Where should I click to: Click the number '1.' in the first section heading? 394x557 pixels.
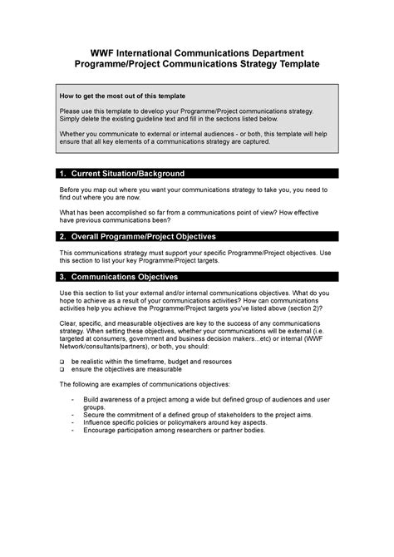tap(63, 174)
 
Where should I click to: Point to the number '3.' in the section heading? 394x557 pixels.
tap(63, 276)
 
